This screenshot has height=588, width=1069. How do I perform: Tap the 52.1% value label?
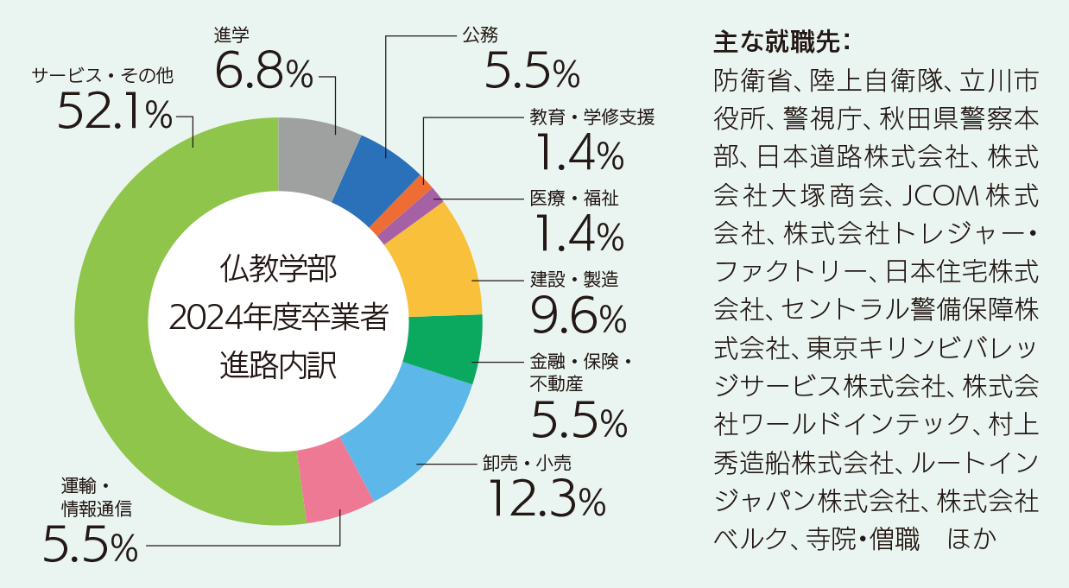(115, 116)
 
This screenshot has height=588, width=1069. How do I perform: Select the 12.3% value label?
(547, 498)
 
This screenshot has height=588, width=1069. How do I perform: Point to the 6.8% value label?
(263, 72)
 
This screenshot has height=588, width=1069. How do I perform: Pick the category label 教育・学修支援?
(593, 117)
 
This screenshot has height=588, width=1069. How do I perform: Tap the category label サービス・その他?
(103, 75)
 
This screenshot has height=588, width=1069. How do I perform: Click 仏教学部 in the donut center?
(278, 268)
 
